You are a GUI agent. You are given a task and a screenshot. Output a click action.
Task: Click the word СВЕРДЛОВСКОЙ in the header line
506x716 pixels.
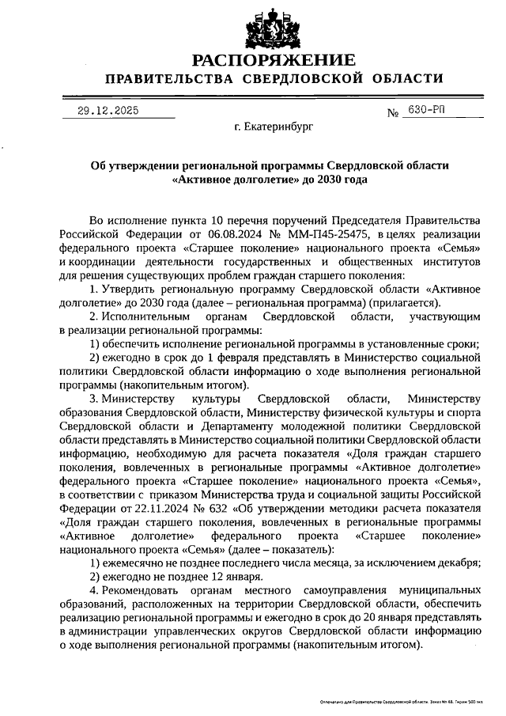click(304, 78)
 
